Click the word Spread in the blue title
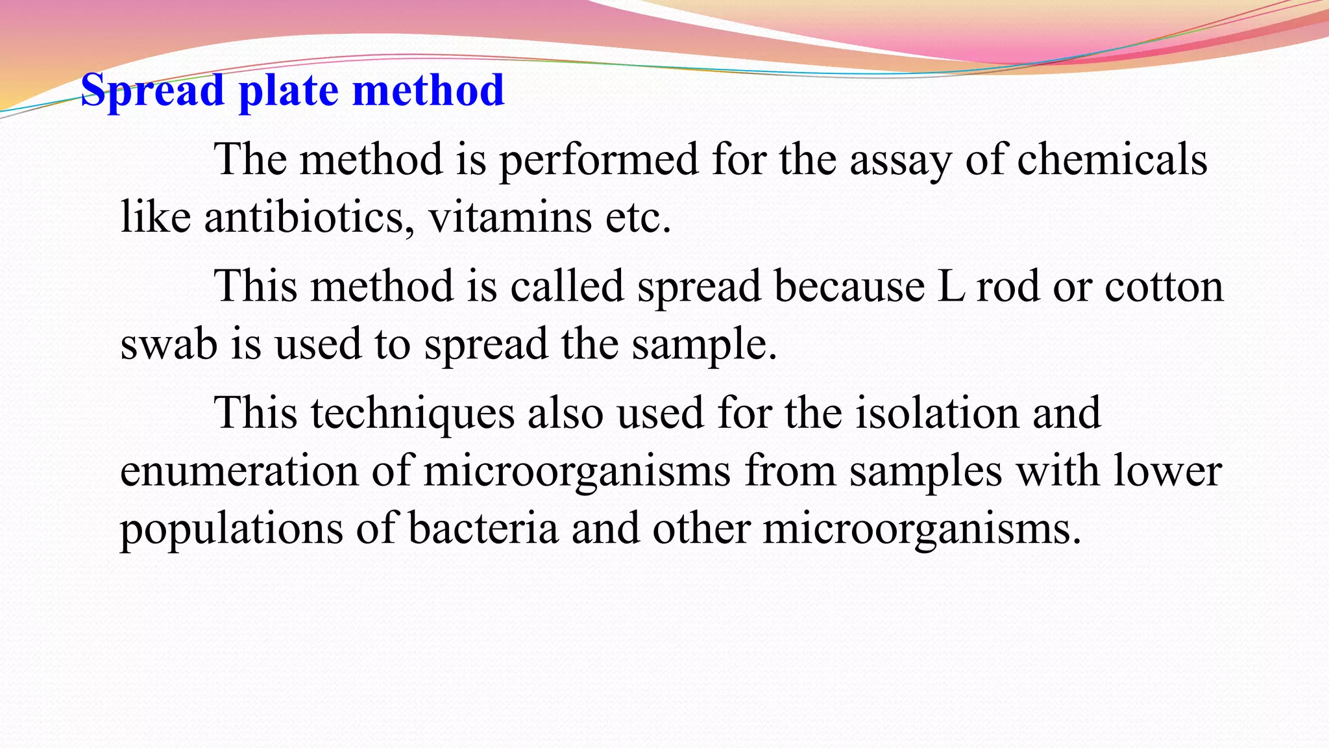pos(152,90)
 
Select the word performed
pos(598,160)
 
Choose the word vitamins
pos(509,217)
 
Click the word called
pos(567,286)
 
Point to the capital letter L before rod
pos(951,286)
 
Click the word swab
pos(169,343)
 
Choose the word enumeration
pos(239,471)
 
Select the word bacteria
pos(483,529)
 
